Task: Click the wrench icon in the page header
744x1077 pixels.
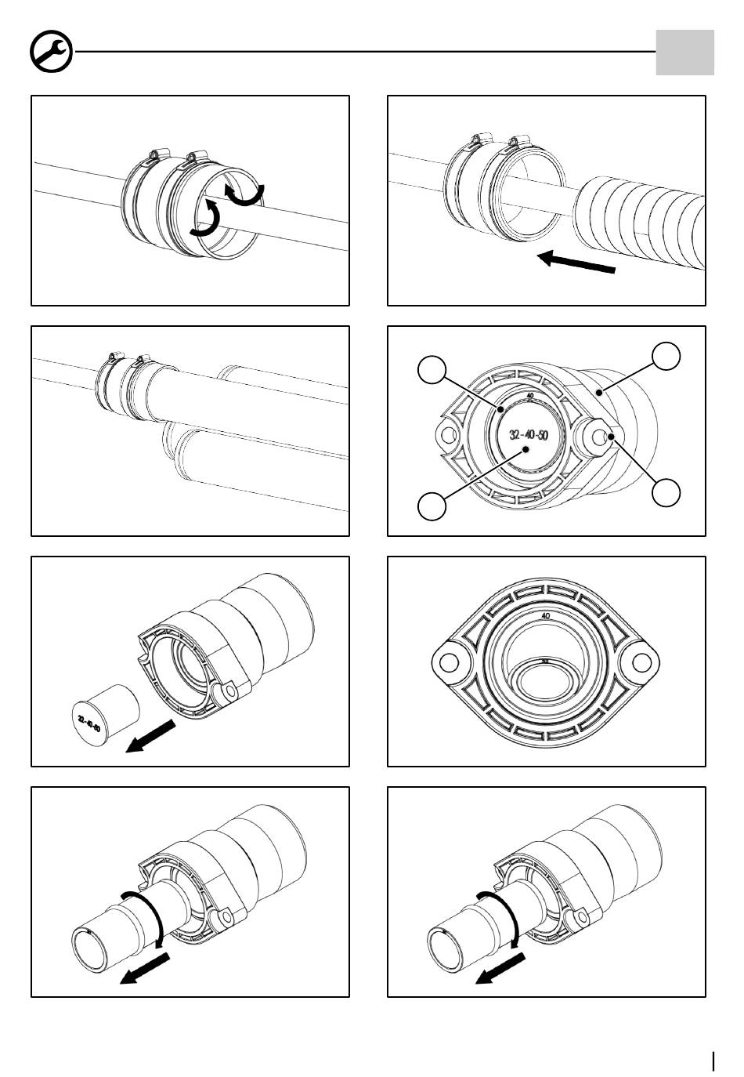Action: [51, 53]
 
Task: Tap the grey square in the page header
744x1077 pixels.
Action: [684, 53]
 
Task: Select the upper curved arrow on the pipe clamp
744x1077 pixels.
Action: [246, 194]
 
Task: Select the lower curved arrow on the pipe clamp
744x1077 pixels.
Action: [206, 218]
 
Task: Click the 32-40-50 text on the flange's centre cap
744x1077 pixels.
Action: [528, 435]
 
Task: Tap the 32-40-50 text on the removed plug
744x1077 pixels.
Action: [88, 722]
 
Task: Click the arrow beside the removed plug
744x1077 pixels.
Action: [150, 738]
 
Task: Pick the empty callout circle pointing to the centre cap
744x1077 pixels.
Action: [432, 505]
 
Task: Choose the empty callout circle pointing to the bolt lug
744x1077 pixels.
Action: [666, 492]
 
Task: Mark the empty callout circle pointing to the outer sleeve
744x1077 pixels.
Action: [666, 356]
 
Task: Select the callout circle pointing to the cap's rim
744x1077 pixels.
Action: [432, 369]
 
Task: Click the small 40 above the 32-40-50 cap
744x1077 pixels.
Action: [530, 396]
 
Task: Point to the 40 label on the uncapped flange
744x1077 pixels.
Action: [545, 616]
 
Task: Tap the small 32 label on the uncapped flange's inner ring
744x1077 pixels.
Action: [545, 660]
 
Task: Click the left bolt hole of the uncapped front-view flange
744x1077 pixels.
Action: [450, 663]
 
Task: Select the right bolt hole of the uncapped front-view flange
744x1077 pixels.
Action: [641, 663]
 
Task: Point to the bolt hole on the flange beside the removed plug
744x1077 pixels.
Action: [229, 691]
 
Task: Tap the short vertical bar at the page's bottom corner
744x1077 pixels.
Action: [713, 1061]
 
